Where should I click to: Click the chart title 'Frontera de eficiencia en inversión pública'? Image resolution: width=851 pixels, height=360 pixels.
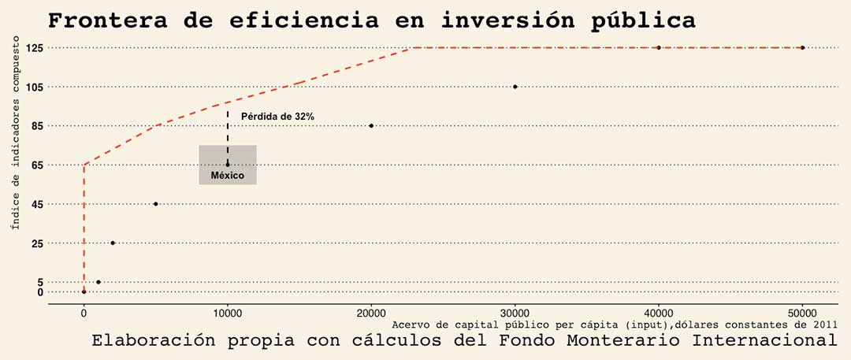point(372,20)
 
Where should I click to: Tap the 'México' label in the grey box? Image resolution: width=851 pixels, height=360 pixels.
point(228,175)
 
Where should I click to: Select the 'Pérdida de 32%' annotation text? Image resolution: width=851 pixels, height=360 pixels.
point(277,117)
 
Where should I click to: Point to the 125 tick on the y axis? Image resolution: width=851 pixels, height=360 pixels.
point(34,48)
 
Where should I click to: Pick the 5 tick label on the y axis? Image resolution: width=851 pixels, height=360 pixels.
point(39,282)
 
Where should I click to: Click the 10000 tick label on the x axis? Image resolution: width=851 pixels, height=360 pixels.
point(228,312)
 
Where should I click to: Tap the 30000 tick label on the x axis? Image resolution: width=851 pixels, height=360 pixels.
point(515,312)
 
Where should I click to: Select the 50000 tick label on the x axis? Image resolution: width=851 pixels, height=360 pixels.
point(802,312)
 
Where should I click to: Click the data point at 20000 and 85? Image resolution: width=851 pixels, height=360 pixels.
point(371,126)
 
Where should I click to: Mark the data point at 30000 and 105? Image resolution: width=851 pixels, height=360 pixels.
point(515,87)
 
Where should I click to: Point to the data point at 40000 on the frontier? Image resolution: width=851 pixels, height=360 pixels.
point(659,48)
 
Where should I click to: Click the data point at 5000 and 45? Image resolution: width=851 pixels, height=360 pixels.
point(155,204)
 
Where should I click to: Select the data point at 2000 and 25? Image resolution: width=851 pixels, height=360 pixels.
point(113,243)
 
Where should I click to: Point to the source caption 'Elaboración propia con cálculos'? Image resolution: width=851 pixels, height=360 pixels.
point(464,341)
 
